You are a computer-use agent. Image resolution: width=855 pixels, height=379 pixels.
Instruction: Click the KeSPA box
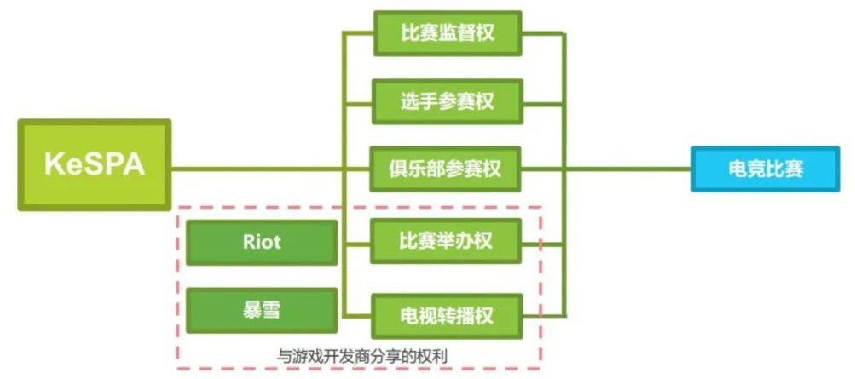pos(94,165)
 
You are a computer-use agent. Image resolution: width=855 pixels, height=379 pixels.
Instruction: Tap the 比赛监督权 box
pos(448,33)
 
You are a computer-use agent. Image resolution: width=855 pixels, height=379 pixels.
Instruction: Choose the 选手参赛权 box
pos(448,100)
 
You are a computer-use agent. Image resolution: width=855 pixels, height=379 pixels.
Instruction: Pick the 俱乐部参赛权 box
pos(448,169)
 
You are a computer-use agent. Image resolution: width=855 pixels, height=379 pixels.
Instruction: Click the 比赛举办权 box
pos(448,241)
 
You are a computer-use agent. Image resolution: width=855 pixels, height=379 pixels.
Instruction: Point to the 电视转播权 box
pos(448,314)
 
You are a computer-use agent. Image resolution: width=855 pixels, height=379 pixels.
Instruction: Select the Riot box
pos(261,242)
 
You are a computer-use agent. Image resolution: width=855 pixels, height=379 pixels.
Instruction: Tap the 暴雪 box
pos(261,310)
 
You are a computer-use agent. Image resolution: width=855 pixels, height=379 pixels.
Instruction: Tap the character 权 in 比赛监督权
pos(486,33)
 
